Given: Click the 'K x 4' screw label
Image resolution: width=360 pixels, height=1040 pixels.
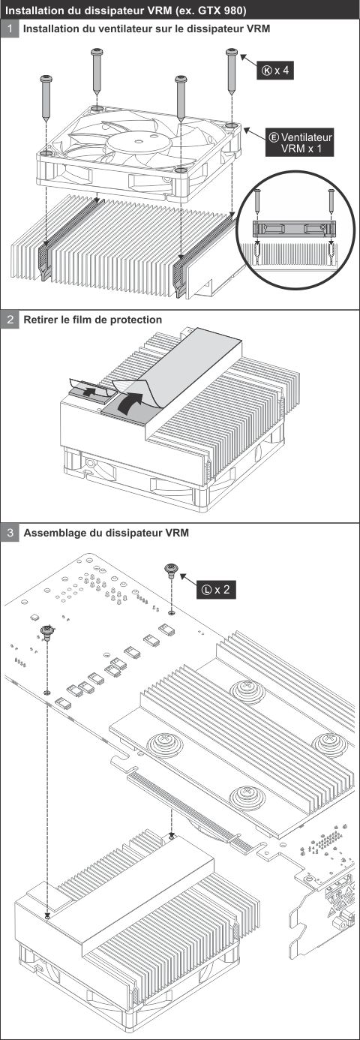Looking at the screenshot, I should tap(274, 71).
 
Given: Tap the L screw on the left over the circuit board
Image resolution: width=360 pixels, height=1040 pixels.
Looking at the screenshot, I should tap(46, 633).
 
